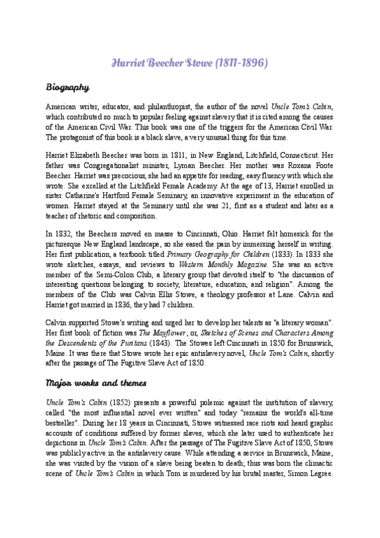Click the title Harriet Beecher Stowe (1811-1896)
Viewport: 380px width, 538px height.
[x=190, y=64]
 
